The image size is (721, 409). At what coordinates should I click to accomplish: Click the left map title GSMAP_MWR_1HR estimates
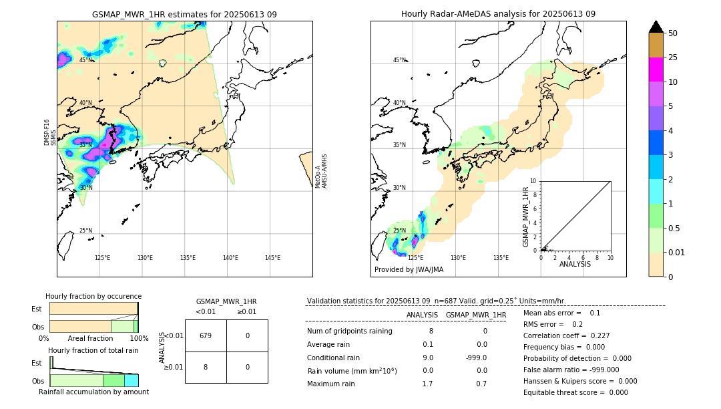pyautogui.click(x=184, y=14)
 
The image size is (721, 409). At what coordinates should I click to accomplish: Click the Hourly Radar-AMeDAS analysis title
pyautogui.click(x=498, y=14)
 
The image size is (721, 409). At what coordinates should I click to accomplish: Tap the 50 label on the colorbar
pyautogui.click(x=673, y=33)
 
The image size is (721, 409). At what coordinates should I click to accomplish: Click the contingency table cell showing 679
pyautogui.click(x=206, y=335)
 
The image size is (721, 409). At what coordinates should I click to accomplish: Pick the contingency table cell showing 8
pyautogui.click(x=206, y=367)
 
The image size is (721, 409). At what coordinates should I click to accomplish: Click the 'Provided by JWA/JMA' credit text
pyautogui.click(x=409, y=269)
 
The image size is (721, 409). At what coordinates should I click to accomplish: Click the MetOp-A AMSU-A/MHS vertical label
pyautogui.click(x=321, y=171)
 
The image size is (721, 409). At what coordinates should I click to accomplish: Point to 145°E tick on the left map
pyautogui.click(x=272, y=258)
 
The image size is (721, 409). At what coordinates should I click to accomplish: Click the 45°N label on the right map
pyautogui.click(x=399, y=61)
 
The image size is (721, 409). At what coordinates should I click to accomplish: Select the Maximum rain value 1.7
pyautogui.click(x=427, y=384)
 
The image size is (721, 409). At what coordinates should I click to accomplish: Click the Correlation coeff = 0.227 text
pyautogui.click(x=566, y=335)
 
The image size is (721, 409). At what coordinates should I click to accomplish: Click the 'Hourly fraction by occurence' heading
pyautogui.click(x=93, y=296)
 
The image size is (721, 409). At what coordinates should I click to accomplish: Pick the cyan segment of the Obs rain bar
pyautogui.click(x=132, y=380)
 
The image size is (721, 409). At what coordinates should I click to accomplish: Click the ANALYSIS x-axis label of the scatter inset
pyautogui.click(x=575, y=264)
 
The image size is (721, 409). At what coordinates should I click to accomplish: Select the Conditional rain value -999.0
pyautogui.click(x=477, y=358)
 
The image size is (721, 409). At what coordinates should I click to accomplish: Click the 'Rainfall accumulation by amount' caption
pyautogui.click(x=93, y=392)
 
